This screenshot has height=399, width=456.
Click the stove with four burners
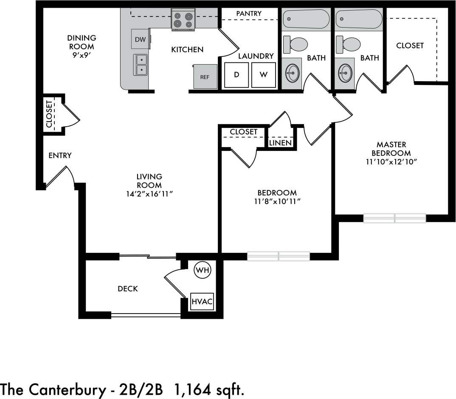(x=183, y=20)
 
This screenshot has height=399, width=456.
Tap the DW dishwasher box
(x=140, y=40)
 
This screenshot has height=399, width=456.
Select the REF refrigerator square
(x=205, y=77)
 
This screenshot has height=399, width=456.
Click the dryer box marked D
(x=236, y=75)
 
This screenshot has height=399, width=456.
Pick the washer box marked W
(x=264, y=75)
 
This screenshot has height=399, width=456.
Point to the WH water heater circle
(x=202, y=269)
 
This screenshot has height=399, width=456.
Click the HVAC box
(x=202, y=302)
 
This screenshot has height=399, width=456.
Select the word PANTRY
(x=249, y=14)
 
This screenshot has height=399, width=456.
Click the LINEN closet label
(x=280, y=143)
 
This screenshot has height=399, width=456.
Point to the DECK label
(x=128, y=289)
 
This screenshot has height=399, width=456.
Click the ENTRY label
(x=60, y=156)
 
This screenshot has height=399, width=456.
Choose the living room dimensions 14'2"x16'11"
(x=149, y=194)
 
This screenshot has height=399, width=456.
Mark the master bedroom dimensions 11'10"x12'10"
(x=391, y=161)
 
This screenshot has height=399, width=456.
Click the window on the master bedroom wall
(x=394, y=218)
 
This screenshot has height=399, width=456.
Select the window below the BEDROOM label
(x=279, y=256)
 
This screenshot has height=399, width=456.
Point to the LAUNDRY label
(x=256, y=56)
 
